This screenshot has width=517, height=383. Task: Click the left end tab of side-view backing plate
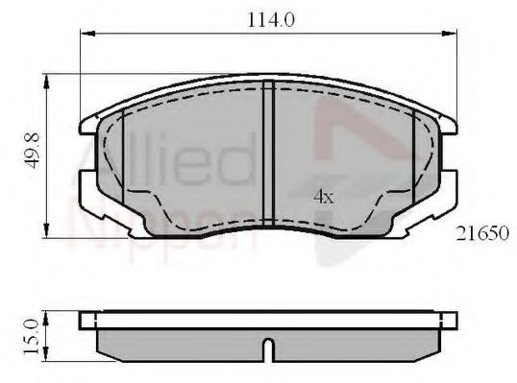[x=90, y=319]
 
